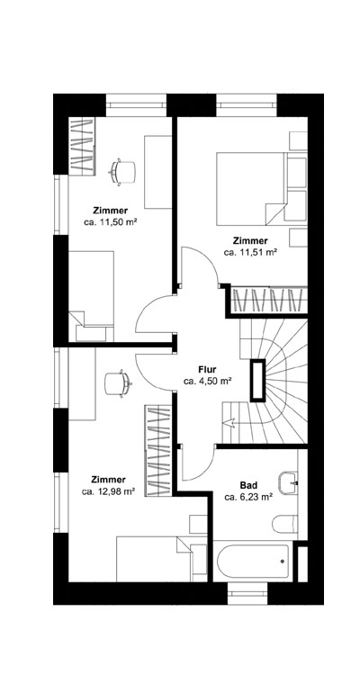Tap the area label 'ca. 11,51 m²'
coord(250,253)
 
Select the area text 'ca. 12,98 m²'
coord(109,492)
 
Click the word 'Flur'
coord(207,369)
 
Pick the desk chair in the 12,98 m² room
coord(115,382)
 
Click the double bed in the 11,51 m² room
coord(252,187)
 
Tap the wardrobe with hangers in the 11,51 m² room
coord(269,301)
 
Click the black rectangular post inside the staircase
coord(259,380)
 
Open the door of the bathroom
coord(193,463)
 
